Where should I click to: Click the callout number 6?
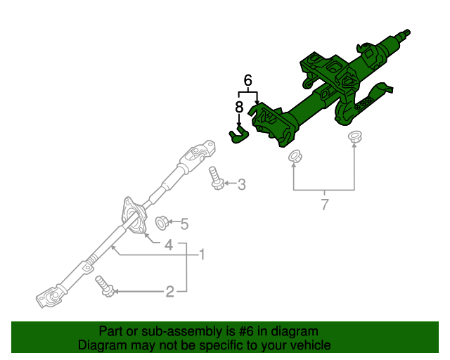(x=247, y=80)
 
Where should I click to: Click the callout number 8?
(x=239, y=107)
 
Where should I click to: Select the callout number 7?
(x=324, y=205)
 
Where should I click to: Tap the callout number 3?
(x=241, y=185)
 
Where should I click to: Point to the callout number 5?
(x=184, y=224)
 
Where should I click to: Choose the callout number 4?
(x=169, y=245)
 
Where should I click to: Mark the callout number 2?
(x=169, y=290)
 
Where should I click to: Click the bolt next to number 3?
(x=217, y=179)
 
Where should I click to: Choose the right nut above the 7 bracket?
(x=354, y=136)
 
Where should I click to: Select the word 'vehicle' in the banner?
(x=308, y=345)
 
